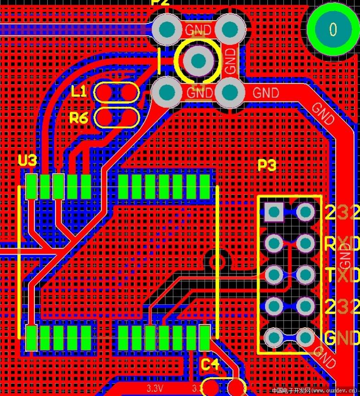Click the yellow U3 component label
point(27,160)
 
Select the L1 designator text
point(79,91)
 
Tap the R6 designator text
point(79,118)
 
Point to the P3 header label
point(267,165)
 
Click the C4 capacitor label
point(210,365)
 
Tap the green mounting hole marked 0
point(333,29)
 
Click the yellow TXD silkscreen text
point(343,275)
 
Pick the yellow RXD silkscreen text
point(343,244)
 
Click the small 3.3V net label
point(155,389)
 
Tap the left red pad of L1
point(104,92)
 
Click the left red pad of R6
point(104,117)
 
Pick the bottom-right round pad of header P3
point(305,338)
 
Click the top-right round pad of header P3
point(305,212)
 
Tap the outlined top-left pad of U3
point(32,186)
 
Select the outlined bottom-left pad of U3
point(31,337)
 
